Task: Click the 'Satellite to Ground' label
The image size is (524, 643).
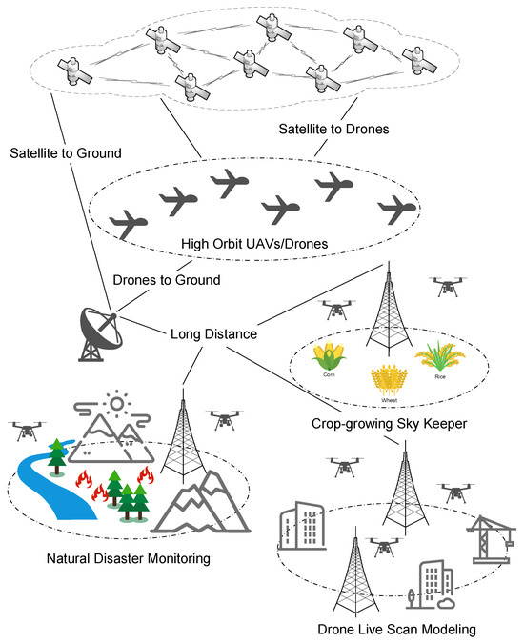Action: tap(58, 151)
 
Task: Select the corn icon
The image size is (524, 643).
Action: tap(329, 358)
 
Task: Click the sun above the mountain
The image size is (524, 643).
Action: tap(118, 405)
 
